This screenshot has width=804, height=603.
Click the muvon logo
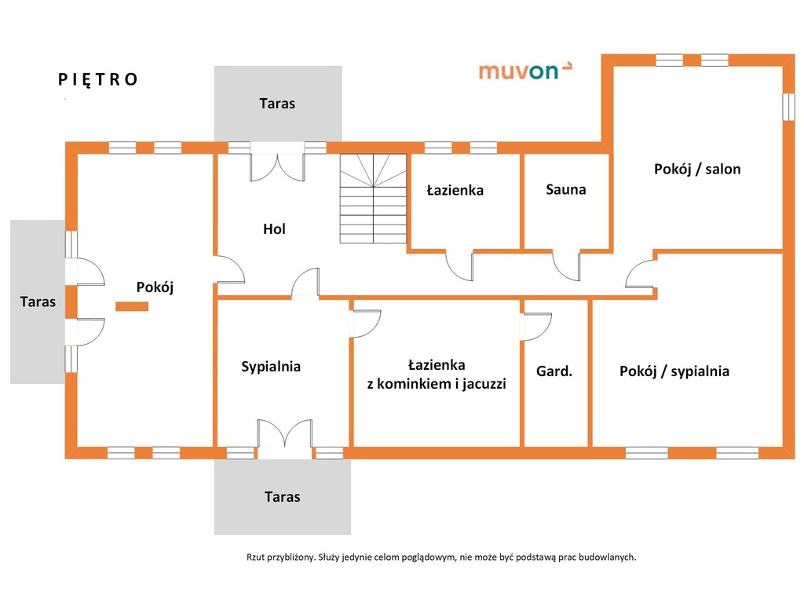[x=525, y=71]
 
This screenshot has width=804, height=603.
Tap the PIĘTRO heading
[x=97, y=80]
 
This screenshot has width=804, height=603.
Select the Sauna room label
[x=565, y=190]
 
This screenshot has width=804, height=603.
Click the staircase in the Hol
[x=373, y=199]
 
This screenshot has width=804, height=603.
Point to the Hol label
[x=274, y=228]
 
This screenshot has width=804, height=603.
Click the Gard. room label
[x=554, y=371]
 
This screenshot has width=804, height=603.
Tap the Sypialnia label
[x=271, y=367]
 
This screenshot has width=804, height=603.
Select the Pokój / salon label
[x=697, y=170]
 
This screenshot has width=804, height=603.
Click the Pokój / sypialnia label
[x=674, y=371]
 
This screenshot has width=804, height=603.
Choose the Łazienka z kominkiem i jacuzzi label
[x=437, y=375]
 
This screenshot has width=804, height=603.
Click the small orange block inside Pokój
[x=132, y=306]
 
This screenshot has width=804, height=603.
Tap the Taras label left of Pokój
[x=38, y=301]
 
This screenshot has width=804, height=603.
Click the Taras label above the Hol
[x=277, y=104]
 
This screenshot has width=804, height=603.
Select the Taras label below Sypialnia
[x=282, y=497]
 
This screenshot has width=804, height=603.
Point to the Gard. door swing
[x=536, y=326]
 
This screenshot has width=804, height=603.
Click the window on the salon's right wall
[x=788, y=106]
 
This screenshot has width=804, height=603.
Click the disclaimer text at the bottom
[x=441, y=557]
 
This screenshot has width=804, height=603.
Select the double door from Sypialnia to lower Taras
[x=284, y=438]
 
